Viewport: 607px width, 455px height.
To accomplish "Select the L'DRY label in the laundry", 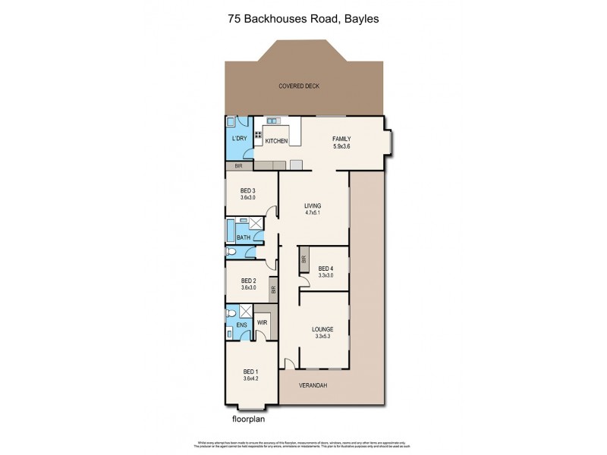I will point(239,139).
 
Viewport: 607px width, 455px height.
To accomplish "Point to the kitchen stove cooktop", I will point(259,137).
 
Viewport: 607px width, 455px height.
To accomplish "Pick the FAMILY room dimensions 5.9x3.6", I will point(343,146).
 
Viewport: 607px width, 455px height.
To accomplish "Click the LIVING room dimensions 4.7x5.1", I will point(313,213).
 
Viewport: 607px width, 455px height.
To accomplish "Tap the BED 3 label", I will point(248,190).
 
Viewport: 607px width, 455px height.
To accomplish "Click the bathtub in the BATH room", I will point(231,229).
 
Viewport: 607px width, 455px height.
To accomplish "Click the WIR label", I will point(262,322).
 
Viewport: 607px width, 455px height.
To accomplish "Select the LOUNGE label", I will point(323,330).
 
